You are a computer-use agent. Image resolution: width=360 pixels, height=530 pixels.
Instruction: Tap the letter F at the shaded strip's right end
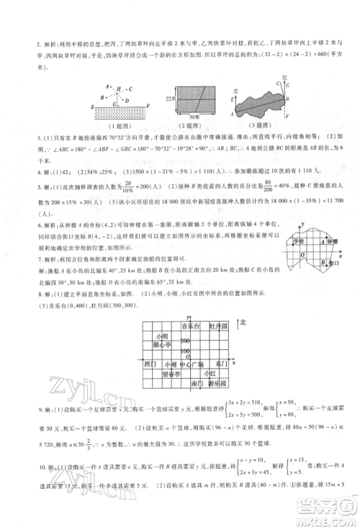[x=148, y=106]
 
